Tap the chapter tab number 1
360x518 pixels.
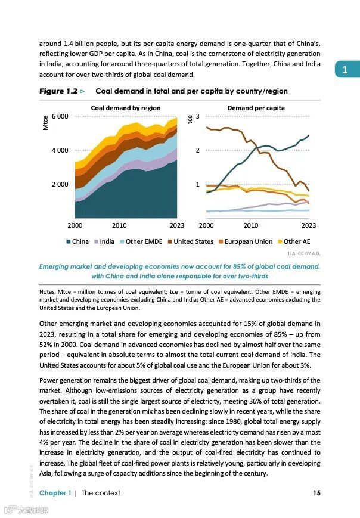[345, 70]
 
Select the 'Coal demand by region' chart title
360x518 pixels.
[125, 108]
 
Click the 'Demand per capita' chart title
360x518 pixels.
[256, 108]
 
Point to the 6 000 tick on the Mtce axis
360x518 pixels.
[60, 116]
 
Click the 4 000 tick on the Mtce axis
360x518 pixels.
[60, 150]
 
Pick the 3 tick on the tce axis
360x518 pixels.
[197, 116]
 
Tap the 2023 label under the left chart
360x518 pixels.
[177, 225]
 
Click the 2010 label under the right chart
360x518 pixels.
[251, 225]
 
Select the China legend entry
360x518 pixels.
[76, 241]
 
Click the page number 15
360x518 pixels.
[316, 492]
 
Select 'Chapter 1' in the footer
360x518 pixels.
[55, 492]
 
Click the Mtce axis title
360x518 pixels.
[45, 123]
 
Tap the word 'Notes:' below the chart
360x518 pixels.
[48, 292]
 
